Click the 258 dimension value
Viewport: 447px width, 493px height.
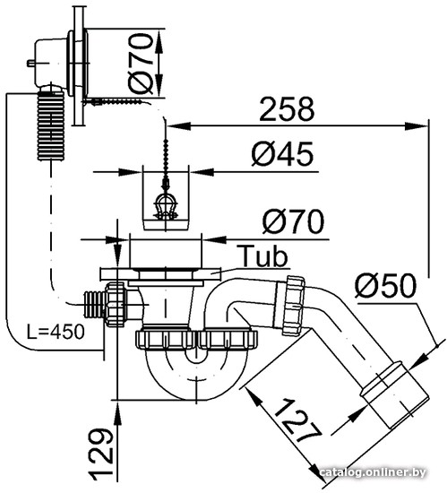(x=287, y=109)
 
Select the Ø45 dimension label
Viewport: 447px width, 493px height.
(x=282, y=154)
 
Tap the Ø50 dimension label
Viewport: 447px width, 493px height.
(x=385, y=285)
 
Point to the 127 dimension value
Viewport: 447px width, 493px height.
(x=297, y=420)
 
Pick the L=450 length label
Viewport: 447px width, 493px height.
(x=56, y=332)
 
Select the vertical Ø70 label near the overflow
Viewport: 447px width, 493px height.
(x=141, y=64)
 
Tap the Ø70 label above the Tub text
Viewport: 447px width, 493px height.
(x=293, y=221)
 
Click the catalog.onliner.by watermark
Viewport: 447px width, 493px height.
(x=373, y=471)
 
